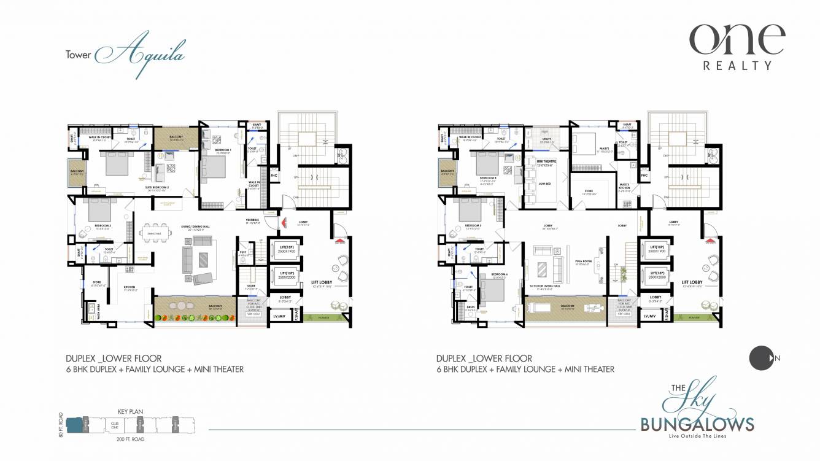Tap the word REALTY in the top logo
coord(737,65)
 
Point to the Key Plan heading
coord(130,412)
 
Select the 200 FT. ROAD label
coord(130,439)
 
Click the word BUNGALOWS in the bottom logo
coord(697,424)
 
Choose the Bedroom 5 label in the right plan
coord(473,225)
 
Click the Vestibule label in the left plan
coord(252,219)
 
